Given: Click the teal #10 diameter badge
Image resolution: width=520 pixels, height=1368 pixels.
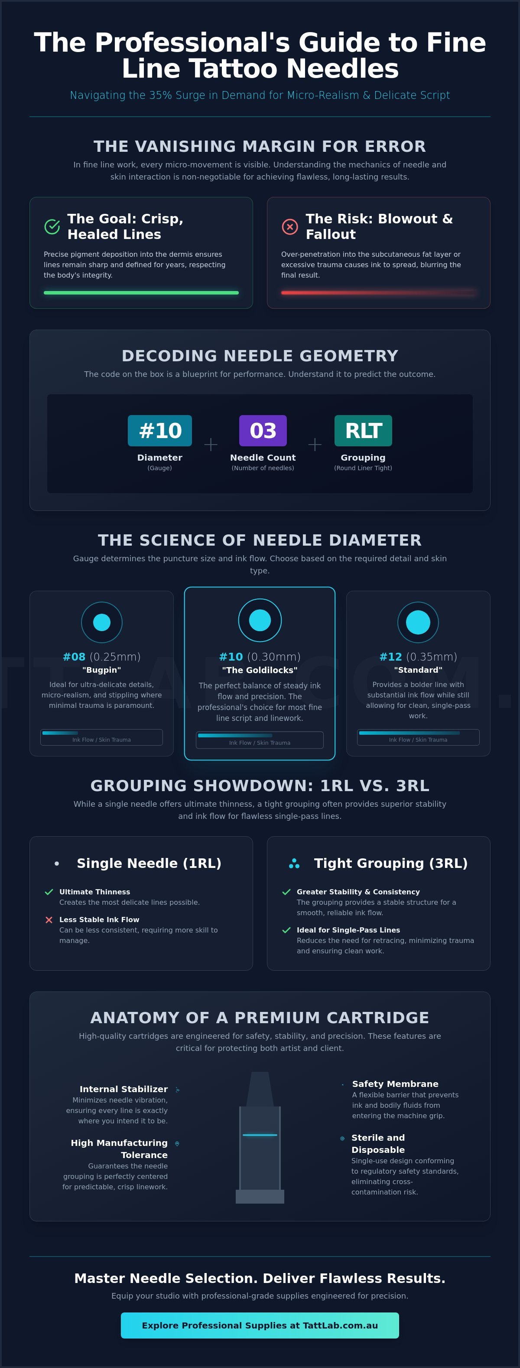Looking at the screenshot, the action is point(160,430).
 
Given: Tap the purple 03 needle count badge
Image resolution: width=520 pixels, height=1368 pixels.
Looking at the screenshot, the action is point(263,430).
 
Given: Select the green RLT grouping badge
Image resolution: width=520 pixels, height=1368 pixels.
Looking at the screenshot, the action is point(363,430).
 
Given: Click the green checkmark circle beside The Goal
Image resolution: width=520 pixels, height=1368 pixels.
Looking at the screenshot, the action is point(52,226).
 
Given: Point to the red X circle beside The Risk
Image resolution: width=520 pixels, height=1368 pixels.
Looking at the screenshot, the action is point(290,226).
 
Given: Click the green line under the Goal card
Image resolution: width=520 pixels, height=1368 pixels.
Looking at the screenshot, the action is point(141,293).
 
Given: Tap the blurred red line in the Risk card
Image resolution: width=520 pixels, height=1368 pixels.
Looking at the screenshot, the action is point(378,293).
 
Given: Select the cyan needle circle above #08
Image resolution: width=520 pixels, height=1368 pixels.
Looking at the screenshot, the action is point(102,622).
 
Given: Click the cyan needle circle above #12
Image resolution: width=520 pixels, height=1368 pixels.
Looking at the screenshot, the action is point(418,622).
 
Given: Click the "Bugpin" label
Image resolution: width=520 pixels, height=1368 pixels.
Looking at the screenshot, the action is point(102,670).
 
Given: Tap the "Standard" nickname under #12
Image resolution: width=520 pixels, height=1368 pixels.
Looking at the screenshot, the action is point(418,670).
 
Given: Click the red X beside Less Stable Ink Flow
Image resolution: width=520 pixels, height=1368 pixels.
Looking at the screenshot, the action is point(49,919).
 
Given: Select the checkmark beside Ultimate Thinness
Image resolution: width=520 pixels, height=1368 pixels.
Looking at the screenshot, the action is point(49,892).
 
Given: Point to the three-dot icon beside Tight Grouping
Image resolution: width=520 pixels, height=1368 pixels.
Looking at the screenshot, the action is point(294,864).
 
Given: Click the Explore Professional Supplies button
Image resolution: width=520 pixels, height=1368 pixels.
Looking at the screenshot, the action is point(260,1325).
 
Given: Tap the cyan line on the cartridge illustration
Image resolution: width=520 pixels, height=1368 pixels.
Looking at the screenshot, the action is point(260,1135).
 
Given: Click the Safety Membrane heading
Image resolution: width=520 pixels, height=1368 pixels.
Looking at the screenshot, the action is point(395,1083).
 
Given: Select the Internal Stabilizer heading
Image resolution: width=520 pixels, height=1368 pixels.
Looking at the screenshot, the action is point(123,1089).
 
